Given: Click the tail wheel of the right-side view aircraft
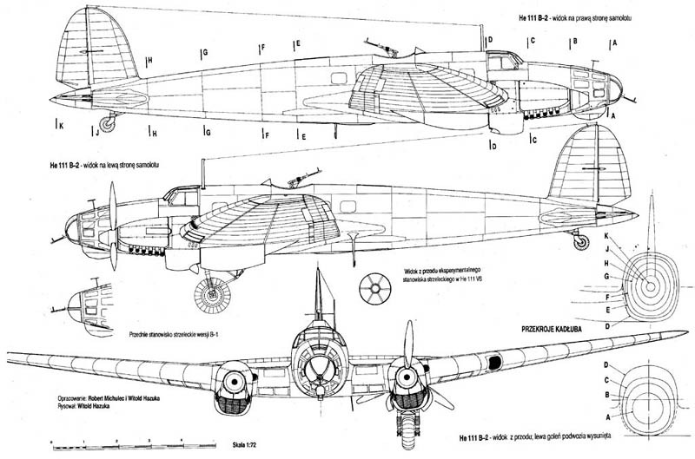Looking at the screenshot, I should (x=108, y=123).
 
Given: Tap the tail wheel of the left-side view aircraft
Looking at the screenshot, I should (x=579, y=242).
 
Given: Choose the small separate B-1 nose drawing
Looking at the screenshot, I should (x=88, y=303).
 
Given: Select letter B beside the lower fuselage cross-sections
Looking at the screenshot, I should (x=606, y=394).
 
